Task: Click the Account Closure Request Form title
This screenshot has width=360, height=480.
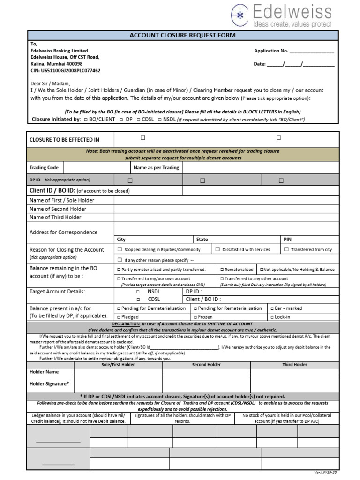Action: point(182,36)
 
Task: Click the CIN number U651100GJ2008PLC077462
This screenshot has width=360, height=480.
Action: point(65,70)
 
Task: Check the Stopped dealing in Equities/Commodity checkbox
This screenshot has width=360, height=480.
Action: point(120,250)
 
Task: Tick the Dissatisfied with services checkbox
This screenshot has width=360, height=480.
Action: point(218,250)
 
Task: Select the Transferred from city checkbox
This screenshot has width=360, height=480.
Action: point(286,250)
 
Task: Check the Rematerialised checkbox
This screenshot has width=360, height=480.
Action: point(222,270)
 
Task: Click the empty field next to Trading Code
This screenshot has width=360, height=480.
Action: point(97,167)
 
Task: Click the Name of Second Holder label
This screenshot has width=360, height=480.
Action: point(58,209)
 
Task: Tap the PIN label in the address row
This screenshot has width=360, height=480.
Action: point(287,239)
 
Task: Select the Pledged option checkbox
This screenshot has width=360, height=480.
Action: point(118,317)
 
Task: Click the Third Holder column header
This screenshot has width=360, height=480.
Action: point(294,364)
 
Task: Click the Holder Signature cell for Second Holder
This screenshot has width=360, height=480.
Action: point(206,384)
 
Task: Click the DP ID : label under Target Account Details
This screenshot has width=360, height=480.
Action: point(194,291)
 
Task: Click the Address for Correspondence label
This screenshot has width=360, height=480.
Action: point(63,232)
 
